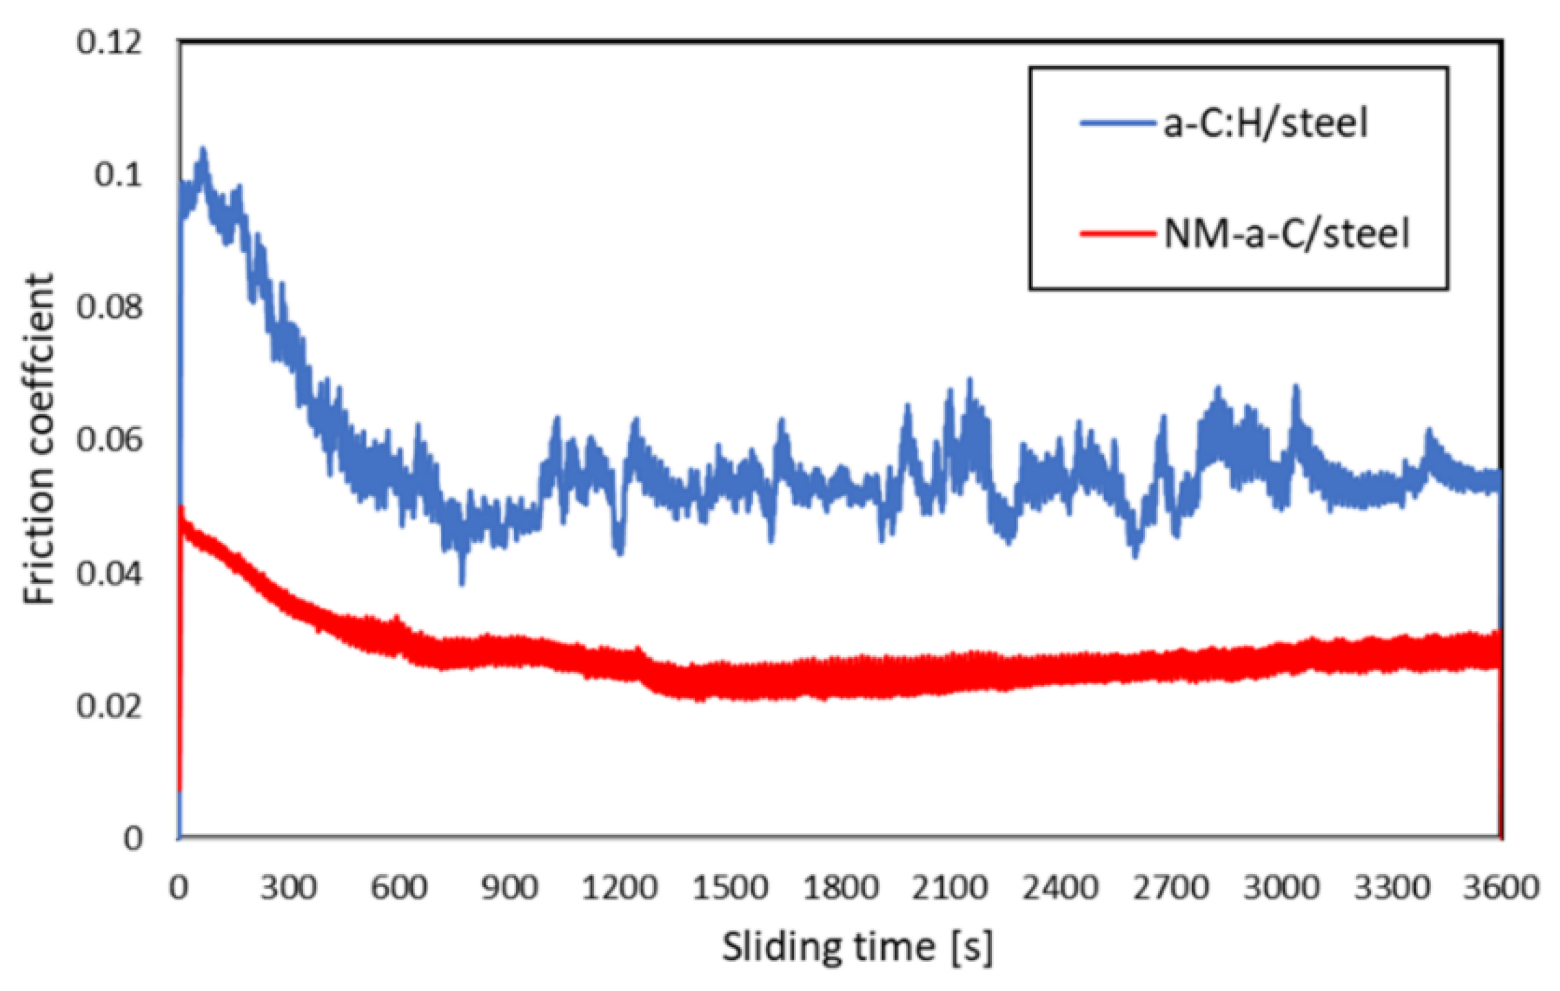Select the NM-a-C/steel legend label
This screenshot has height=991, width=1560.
point(1286,234)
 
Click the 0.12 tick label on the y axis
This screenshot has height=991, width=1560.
point(109,43)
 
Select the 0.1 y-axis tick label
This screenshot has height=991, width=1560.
point(118,175)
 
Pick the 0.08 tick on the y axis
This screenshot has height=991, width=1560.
point(109,307)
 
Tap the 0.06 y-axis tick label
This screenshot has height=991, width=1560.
point(109,440)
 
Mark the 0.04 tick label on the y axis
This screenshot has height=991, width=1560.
point(109,573)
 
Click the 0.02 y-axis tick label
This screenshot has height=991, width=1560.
point(109,706)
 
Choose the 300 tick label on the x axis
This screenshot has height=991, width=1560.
point(289,889)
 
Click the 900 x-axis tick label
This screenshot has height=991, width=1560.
point(509,889)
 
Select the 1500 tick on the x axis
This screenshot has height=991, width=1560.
point(730,889)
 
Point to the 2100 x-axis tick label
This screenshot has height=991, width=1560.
point(950,889)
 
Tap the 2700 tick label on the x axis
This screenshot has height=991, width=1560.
point(1171,889)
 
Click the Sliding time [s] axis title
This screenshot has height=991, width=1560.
point(857,948)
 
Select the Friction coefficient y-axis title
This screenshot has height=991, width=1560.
point(39,440)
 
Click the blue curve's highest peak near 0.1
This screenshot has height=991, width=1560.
point(203,153)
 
